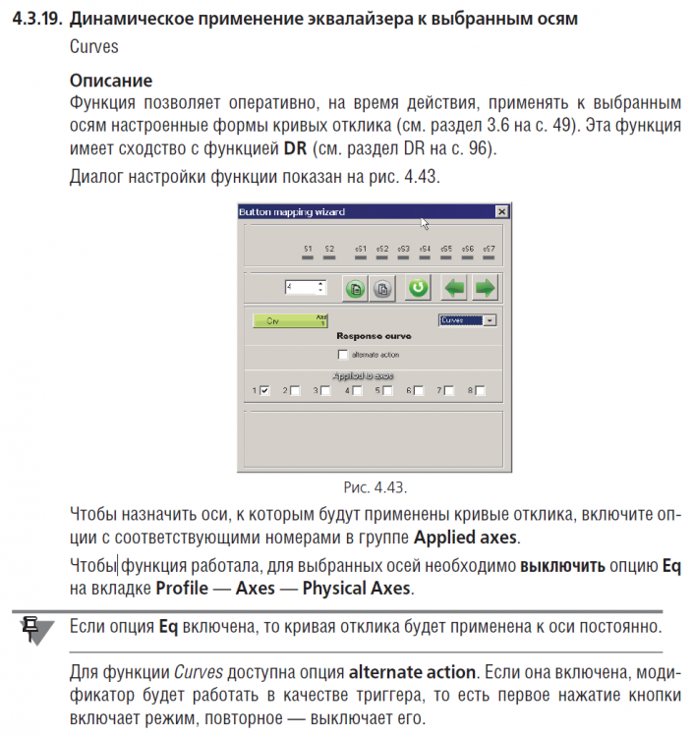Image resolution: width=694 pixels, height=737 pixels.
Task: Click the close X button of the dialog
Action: [501, 211]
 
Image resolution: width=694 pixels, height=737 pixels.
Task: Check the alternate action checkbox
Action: [343, 354]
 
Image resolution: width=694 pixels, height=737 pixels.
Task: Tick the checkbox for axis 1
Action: [264, 390]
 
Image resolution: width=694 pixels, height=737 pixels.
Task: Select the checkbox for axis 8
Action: [480, 390]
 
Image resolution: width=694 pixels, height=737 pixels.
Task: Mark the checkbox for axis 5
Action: [387, 390]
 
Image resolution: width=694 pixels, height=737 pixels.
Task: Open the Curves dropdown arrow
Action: [491, 319]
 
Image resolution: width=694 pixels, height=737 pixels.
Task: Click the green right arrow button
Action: [484, 288]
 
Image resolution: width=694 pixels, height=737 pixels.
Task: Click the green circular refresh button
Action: [418, 288]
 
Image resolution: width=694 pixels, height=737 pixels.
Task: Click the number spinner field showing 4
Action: [300, 287]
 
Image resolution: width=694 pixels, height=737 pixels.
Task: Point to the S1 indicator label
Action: [308, 250]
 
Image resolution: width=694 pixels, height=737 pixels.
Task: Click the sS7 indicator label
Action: [490, 250]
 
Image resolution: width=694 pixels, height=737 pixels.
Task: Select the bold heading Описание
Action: [111, 80]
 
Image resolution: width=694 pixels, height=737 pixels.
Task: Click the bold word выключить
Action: [562, 566]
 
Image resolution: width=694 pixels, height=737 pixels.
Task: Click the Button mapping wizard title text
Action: [292, 211]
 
